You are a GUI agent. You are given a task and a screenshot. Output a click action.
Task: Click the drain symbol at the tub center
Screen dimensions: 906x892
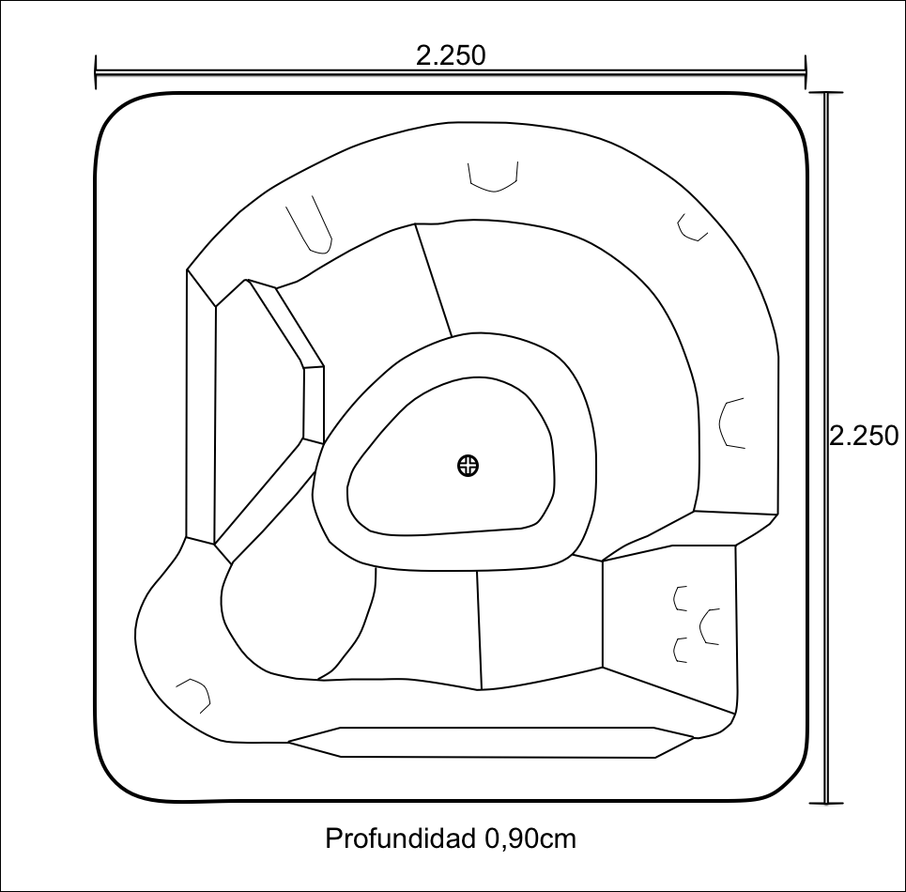tap(468, 466)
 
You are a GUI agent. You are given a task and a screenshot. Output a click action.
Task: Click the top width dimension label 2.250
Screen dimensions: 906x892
tap(451, 55)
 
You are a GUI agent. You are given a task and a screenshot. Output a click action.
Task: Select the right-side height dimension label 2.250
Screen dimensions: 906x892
tap(864, 436)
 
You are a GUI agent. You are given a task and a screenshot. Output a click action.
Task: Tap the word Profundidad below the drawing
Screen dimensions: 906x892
tap(401, 838)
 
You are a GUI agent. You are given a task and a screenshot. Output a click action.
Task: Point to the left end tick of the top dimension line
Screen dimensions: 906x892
tap(96, 72)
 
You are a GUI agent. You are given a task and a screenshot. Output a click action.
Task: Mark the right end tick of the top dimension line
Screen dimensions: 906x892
tap(805, 72)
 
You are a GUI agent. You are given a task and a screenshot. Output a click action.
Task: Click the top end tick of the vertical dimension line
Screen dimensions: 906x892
tap(826, 92)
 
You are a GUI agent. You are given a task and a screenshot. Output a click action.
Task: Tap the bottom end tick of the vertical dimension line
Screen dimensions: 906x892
tap(826, 803)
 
